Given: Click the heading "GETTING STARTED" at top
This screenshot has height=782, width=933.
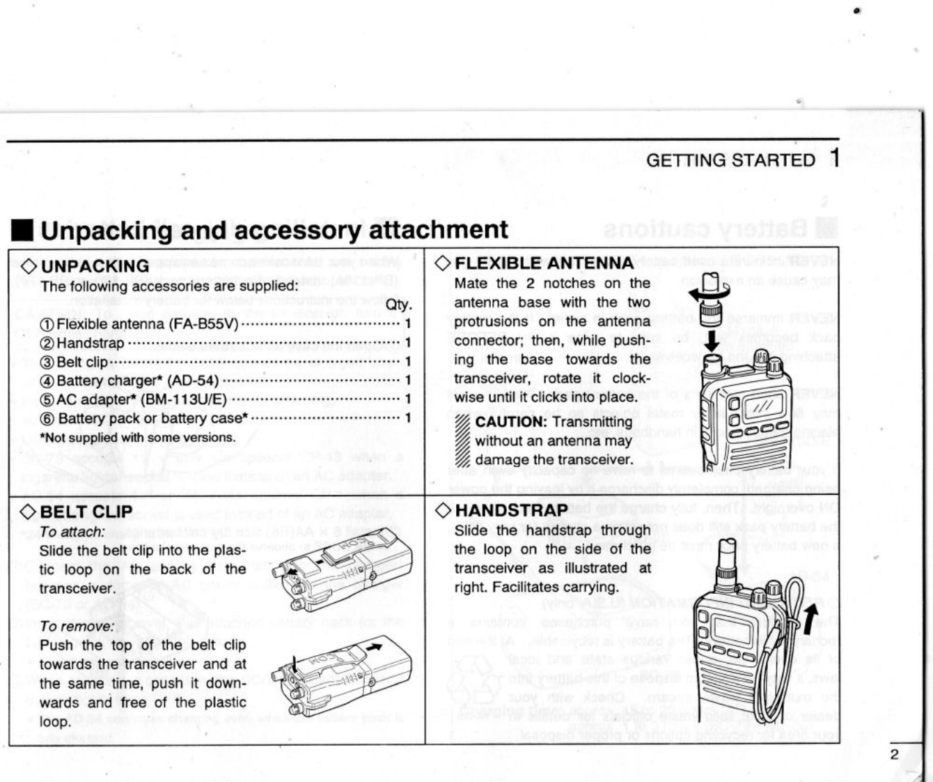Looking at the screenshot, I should pos(730,160).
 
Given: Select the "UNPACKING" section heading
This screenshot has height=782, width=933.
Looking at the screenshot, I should pos(95,266).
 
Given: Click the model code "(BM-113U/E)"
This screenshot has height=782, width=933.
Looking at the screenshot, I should pos(184,399).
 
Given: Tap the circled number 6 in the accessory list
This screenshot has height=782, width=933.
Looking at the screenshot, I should pos(47,419).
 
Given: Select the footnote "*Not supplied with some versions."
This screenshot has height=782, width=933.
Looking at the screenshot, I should pos(138,438).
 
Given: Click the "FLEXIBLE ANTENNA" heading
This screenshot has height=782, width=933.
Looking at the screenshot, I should pos(544,263).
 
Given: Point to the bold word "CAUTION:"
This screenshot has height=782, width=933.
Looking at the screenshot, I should pos(511,422).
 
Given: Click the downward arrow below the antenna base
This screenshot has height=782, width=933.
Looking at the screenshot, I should pos(712,342).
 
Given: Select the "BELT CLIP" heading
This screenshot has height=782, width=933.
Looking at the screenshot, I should pos(86,512).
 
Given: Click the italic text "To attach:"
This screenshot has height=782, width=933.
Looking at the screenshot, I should pos(72,532).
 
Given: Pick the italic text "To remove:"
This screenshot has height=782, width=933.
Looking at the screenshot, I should pos(77,626).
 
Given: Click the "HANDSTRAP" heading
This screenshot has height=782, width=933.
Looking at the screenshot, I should pos(512,511).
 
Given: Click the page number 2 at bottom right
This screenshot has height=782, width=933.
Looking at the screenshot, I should pos(895,755).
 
